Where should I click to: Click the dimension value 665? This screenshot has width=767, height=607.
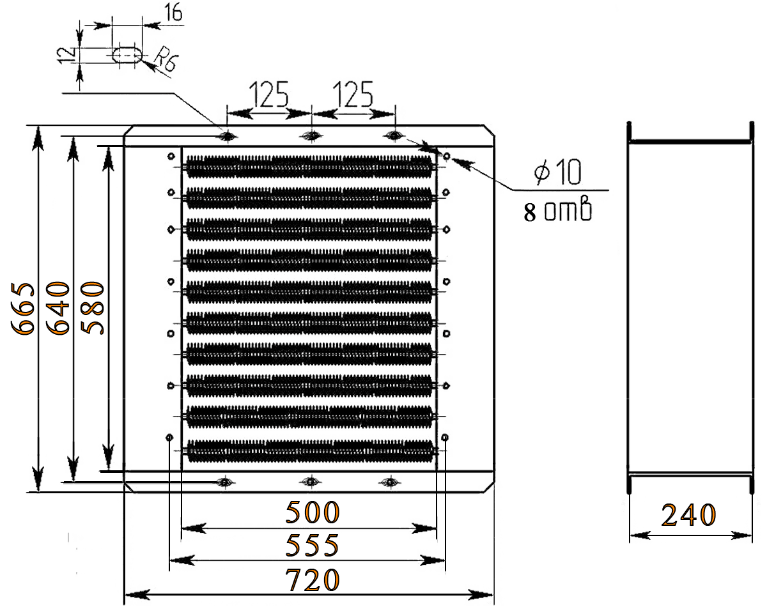pyautogui.click(x=24, y=307)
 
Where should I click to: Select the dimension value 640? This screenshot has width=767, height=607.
pyautogui.click(x=59, y=307)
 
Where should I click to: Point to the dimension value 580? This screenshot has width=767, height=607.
pyautogui.click(x=93, y=307)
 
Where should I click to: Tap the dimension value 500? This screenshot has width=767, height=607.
pyautogui.click(x=312, y=512)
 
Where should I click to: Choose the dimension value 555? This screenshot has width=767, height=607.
pyautogui.click(x=312, y=546)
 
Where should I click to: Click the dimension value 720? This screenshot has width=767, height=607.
pyautogui.click(x=312, y=580)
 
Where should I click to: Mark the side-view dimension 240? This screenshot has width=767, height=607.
pyautogui.click(x=688, y=515)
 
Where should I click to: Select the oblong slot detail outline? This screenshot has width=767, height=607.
pyautogui.click(x=127, y=55)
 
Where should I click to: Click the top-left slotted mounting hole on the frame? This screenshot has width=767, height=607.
pyautogui.click(x=226, y=135)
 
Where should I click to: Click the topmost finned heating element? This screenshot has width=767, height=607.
pyautogui.click(x=309, y=166)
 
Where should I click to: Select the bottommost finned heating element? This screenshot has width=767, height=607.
pyautogui.click(x=309, y=449)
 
